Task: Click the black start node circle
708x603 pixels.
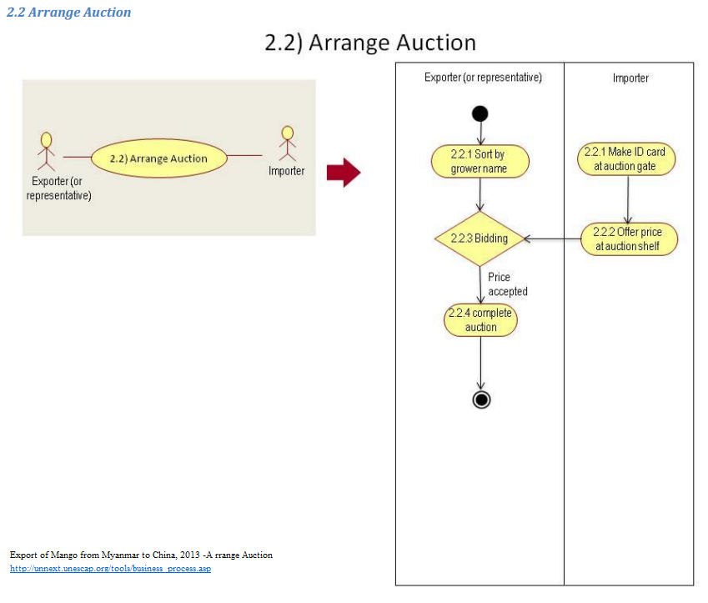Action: (x=480, y=113)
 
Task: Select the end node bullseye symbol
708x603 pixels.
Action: (x=480, y=399)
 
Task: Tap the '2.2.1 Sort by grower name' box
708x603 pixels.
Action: (x=480, y=161)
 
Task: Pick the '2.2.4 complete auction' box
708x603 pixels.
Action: (x=480, y=320)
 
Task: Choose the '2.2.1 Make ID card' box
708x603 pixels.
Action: (x=626, y=158)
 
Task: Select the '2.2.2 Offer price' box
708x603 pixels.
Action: (x=628, y=239)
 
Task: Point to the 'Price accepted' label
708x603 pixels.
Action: (x=507, y=284)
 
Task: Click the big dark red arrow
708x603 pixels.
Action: (x=343, y=173)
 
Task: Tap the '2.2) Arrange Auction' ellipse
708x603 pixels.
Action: (x=159, y=158)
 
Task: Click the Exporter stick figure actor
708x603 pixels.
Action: (x=47, y=147)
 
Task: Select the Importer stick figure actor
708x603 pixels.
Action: (x=288, y=143)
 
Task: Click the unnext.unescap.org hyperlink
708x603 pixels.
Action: (x=110, y=569)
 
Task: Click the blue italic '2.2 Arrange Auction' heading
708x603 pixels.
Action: (x=68, y=13)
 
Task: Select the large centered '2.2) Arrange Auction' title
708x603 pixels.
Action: (x=369, y=43)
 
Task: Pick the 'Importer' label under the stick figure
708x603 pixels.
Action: (x=286, y=171)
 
